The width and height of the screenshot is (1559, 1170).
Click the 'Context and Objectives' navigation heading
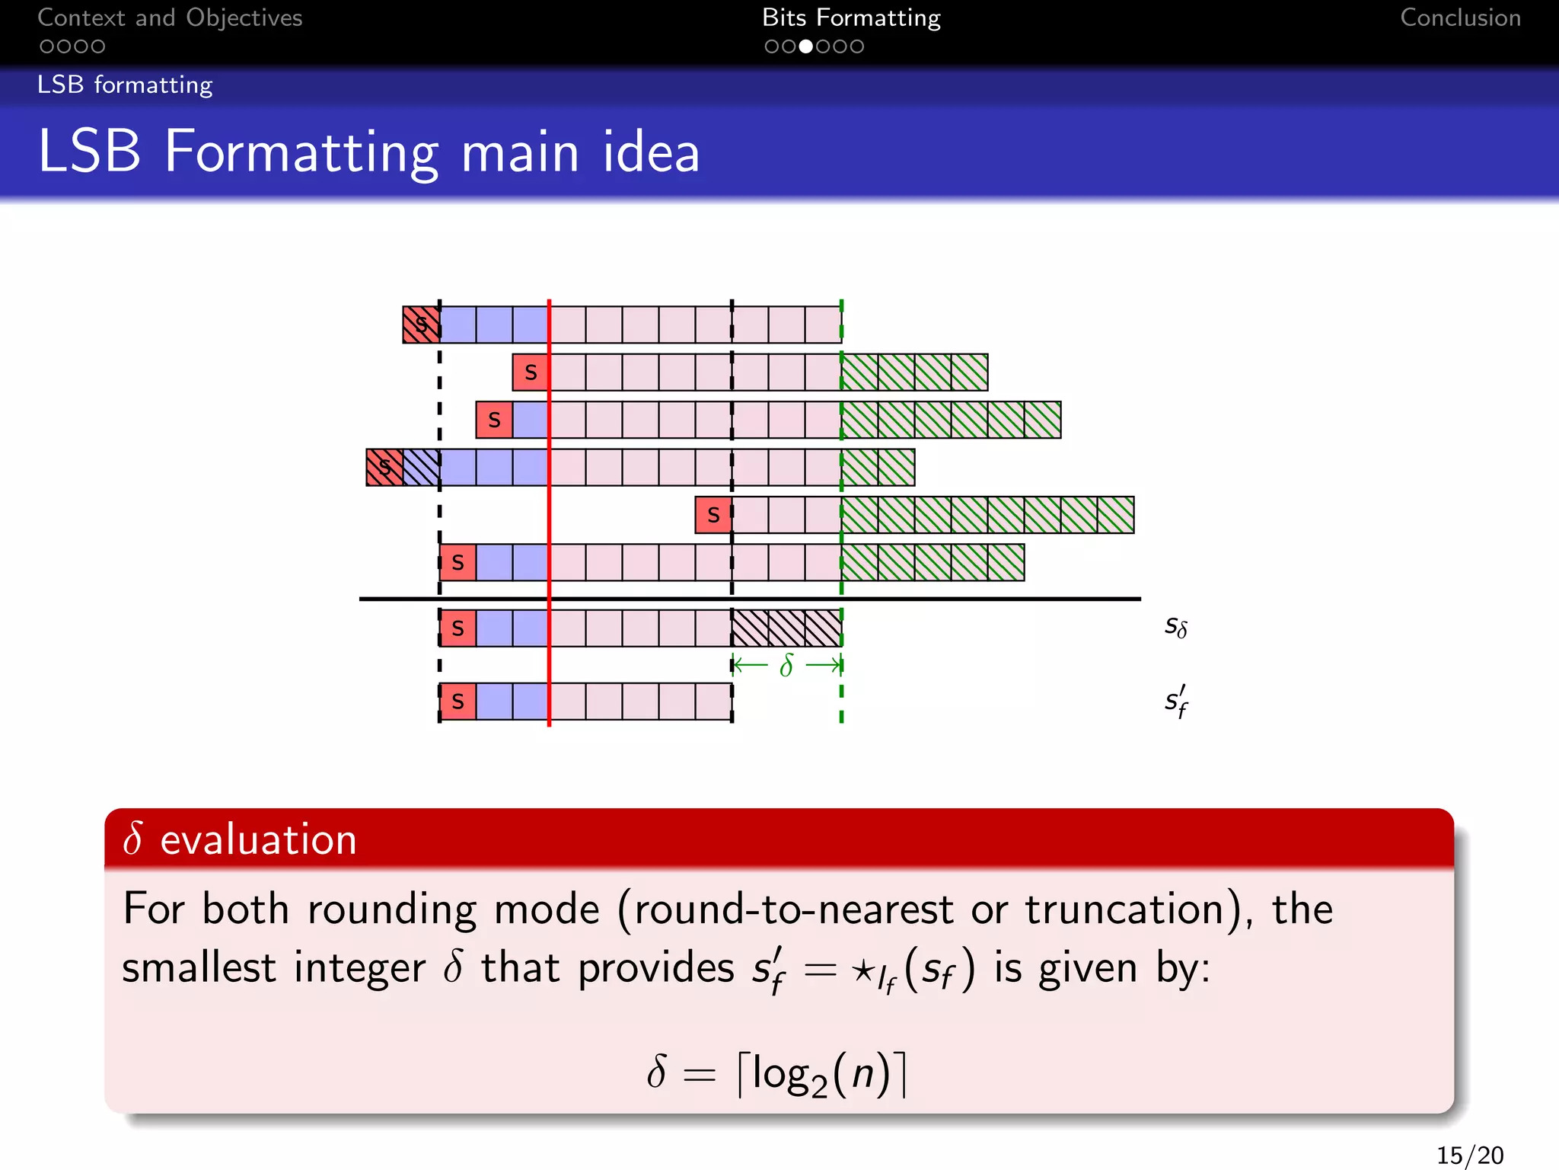pos(170,18)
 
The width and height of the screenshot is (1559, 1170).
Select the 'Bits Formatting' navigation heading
pos(851,18)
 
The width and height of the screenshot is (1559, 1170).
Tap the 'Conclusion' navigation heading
pos(1460,18)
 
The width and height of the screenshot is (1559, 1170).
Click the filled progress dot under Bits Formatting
pos(805,46)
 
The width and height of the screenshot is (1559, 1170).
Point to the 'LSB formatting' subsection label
pos(125,85)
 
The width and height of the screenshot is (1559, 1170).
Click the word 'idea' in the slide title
pos(651,152)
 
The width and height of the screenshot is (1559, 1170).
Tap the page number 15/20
pos(1469,1155)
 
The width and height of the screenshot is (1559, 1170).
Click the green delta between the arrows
pos(786,666)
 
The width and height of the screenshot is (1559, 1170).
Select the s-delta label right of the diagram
pos(1175,626)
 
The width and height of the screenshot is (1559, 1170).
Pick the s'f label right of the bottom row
pos(1175,702)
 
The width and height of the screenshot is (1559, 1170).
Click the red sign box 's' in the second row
pos(531,372)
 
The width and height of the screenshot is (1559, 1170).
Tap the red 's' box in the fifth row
pos(713,515)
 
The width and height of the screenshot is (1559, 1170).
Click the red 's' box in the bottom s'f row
pos(457,702)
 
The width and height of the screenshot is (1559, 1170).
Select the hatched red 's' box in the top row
pos(421,324)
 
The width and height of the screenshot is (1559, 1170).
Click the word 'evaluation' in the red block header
pos(258,839)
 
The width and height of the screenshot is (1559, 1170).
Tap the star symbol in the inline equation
pos(862,970)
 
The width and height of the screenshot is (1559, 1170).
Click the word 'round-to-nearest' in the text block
pos(793,909)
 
